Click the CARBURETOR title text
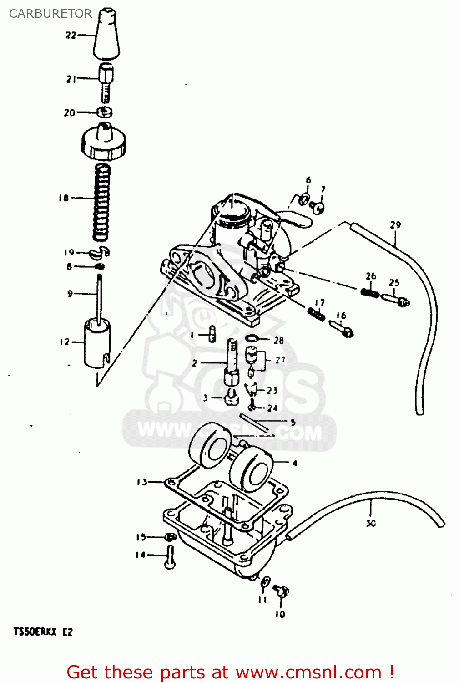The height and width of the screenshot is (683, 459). pyautogui.click(x=50, y=14)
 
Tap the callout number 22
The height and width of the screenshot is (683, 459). pyautogui.click(x=71, y=35)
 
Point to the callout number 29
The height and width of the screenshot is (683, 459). pyautogui.click(x=395, y=225)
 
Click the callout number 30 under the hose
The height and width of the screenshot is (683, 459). pyautogui.click(x=371, y=524)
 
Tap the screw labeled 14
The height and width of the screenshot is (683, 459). pyautogui.click(x=170, y=557)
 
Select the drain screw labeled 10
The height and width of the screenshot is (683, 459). pyautogui.click(x=282, y=591)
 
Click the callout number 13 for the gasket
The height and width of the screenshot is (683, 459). pyautogui.click(x=142, y=482)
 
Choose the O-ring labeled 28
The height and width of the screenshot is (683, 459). pyautogui.click(x=252, y=338)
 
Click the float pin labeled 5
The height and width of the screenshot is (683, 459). pyautogui.click(x=257, y=421)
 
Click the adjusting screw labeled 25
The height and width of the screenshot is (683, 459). pyautogui.click(x=396, y=299)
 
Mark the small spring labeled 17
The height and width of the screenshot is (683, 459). pyautogui.click(x=316, y=313)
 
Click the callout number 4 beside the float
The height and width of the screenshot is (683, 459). pyautogui.click(x=295, y=463)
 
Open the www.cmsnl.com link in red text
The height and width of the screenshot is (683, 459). pyautogui.click(x=308, y=673)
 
